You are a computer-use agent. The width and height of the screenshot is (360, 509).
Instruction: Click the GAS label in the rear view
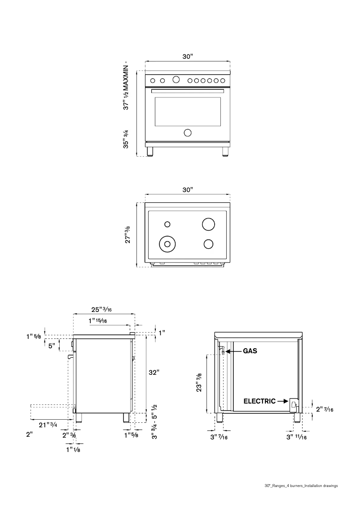point(250,351)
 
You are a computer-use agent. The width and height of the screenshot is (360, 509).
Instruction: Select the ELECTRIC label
point(259,401)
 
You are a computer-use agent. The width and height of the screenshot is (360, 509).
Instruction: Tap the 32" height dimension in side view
point(154,372)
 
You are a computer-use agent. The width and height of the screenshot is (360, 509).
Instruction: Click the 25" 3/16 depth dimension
point(102,309)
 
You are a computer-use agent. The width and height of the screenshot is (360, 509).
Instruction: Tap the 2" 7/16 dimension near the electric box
point(325,409)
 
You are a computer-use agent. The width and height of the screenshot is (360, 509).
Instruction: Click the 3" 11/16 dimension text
point(296,436)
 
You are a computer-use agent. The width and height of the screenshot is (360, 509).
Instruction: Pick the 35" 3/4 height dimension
point(127,139)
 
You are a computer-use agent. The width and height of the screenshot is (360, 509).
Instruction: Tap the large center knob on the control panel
point(176,80)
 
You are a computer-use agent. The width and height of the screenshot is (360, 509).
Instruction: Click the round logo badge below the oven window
point(188,132)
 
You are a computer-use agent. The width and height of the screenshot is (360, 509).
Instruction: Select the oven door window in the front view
point(188,111)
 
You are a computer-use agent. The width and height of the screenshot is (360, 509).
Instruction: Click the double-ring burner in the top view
point(167,244)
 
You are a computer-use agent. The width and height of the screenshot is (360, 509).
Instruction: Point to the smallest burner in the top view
point(167,224)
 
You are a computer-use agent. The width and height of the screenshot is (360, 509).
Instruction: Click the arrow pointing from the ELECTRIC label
point(282,401)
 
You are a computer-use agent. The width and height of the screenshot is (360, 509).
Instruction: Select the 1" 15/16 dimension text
point(97,320)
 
